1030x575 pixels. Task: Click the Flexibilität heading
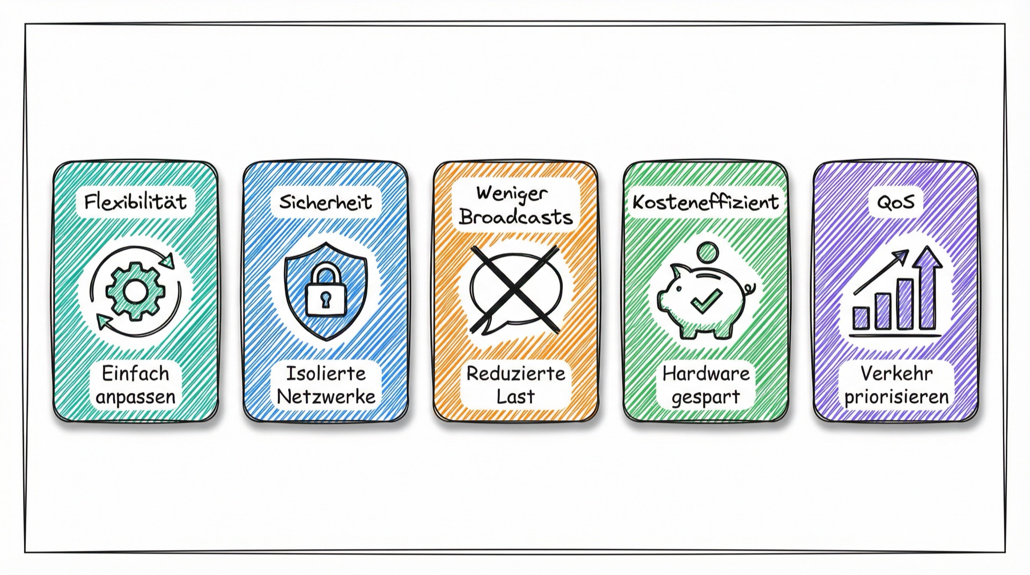pos(136,202)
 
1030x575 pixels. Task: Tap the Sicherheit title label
pos(326,202)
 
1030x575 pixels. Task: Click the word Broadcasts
pos(516,217)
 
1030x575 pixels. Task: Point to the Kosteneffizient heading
pos(705,202)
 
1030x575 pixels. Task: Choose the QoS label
pos(895,202)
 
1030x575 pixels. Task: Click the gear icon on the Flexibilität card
pos(135,291)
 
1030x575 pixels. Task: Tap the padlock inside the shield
pos(326,290)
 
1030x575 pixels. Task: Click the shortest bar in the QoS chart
pos(862,318)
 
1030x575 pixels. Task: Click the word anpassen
pos(136,397)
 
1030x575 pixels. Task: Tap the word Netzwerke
pos(326,397)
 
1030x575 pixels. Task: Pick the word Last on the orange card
pos(516,397)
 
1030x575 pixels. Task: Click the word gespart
pos(705,398)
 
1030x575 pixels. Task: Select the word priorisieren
pos(895,398)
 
